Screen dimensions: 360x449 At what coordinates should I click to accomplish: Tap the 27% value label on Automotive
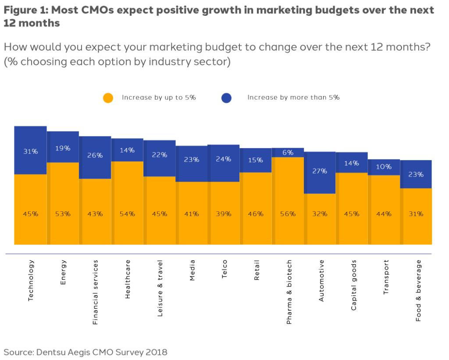pyautogui.click(x=320, y=171)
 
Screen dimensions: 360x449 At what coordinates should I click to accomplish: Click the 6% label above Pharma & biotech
pyautogui.click(x=288, y=153)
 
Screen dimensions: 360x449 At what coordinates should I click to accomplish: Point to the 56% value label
pyautogui.click(x=288, y=214)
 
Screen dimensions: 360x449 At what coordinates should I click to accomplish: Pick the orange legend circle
pyautogui.click(x=108, y=98)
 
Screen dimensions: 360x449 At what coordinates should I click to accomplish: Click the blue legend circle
pyautogui.click(x=227, y=98)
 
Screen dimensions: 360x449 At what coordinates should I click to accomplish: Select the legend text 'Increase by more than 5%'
pyautogui.click(x=293, y=97)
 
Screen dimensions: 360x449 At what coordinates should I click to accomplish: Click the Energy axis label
pyautogui.click(x=63, y=272)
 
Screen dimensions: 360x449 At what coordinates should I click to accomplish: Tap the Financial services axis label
pyautogui.click(x=95, y=292)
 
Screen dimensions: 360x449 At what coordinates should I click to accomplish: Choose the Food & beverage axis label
pyautogui.click(x=418, y=291)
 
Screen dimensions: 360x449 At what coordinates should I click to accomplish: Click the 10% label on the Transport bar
pyautogui.click(x=384, y=167)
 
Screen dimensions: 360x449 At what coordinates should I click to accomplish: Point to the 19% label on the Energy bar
pyautogui.click(x=63, y=148)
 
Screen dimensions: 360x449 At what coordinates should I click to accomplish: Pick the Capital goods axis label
pyautogui.click(x=353, y=285)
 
